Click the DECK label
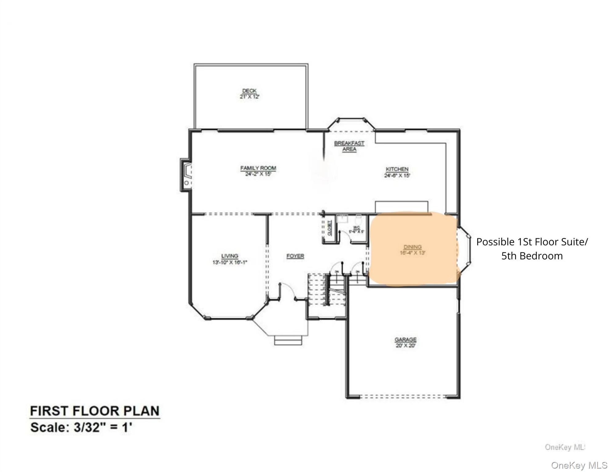click(249, 91)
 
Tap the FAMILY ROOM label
click(258, 168)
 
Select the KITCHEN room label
click(397, 169)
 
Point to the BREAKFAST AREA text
click(349, 146)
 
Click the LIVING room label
click(230, 256)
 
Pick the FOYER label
click(295, 256)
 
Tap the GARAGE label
click(405, 340)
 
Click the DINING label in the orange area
click(412, 247)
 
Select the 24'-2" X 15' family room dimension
click(258, 174)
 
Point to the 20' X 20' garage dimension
click(405, 345)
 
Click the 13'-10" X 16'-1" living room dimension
click(230, 262)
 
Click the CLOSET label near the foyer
click(330, 228)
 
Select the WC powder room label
click(357, 227)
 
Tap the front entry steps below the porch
click(288, 340)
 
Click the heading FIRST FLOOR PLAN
click(95, 411)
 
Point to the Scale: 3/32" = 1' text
click(81, 427)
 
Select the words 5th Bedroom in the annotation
click(532, 256)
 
